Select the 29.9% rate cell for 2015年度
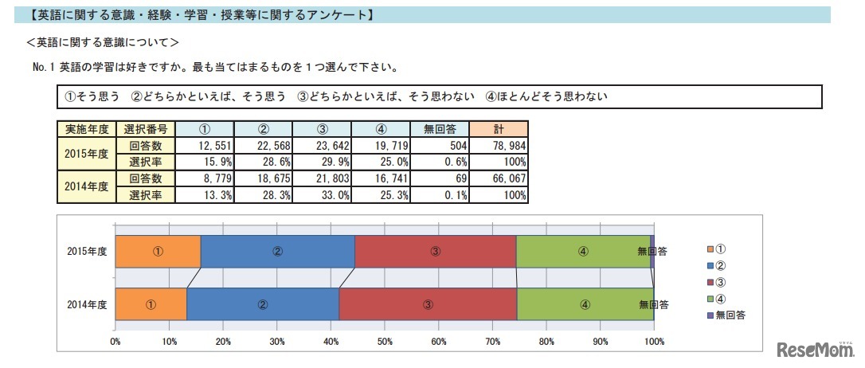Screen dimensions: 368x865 pyautogui.click(x=322, y=162)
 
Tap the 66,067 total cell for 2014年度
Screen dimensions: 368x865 pyautogui.click(x=499, y=178)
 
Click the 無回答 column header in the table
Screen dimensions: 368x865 pyautogui.click(x=440, y=129)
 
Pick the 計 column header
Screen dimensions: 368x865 pyautogui.click(x=499, y=129)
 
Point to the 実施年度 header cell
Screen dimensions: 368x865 pyautogui.click(x=86, y=129)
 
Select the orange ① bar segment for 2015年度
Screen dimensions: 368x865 pyautogui.click(x=158, y=251)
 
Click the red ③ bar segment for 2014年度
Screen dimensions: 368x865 pyautogui.click(x=428, y=303)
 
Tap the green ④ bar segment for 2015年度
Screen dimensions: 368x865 pyautogui.click(x=583, y=251)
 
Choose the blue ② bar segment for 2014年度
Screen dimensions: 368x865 pyautogui.click(x=263, y=303)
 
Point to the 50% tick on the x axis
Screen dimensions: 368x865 pyautogui.click(x=385, y=342)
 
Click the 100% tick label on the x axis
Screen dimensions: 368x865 pyautogui.click(x=653, y=342)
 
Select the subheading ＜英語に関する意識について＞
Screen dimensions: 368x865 pyautogui.click(x=102, y=42)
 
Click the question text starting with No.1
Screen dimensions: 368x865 pyautogui.click(x=215, y=68)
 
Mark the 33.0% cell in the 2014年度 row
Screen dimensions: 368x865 pyautogui.click(x=322, y=194)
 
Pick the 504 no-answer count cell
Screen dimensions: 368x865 pyautogui.click(x=440, y=146)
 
